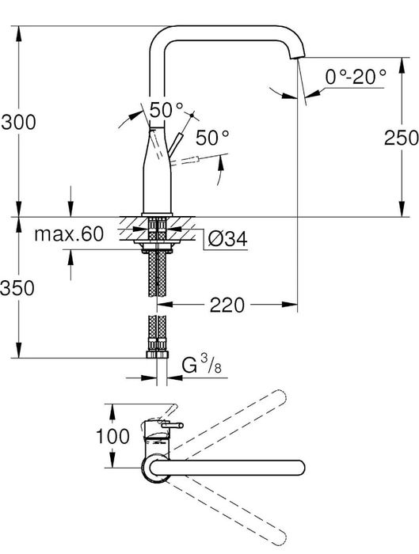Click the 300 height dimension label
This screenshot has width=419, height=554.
coord(18,122)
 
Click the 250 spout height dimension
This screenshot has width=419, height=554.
coord(402,138)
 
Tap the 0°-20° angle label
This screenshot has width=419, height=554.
coord(356,76)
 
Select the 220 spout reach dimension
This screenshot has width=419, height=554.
coord(227,305)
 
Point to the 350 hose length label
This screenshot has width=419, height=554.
coord(17,287)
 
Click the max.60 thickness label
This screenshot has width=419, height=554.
coord(69,234)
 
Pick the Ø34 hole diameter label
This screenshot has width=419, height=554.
coord(227,239)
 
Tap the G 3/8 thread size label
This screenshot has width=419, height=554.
coord(201,365)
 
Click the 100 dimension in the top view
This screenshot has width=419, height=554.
coord(112,436)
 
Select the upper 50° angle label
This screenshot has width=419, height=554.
coord(166,110)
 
